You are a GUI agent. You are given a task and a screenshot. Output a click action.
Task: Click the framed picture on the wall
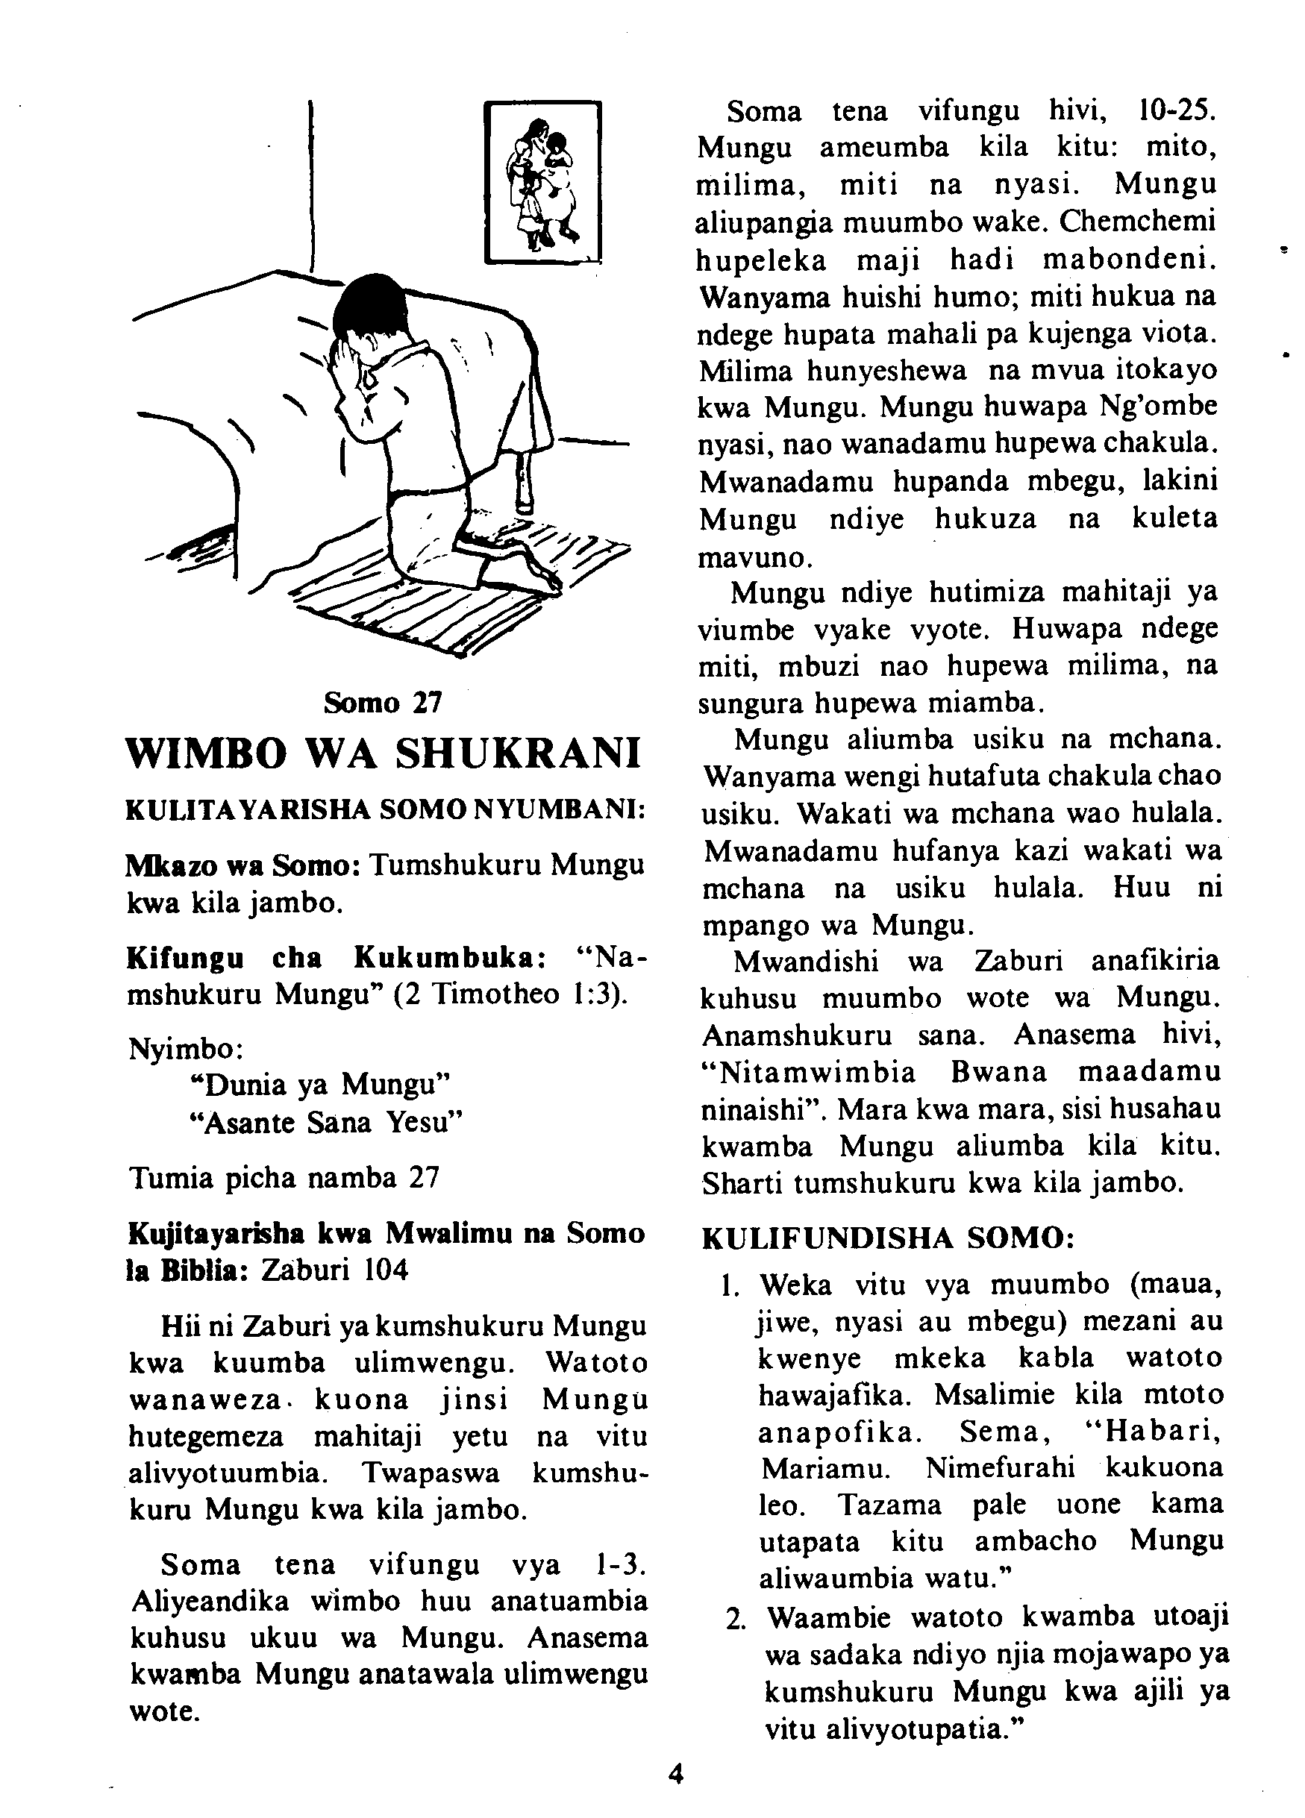[x=542, y=182]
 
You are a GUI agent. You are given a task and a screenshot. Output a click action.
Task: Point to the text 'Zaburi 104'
[x=334, y=1270]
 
